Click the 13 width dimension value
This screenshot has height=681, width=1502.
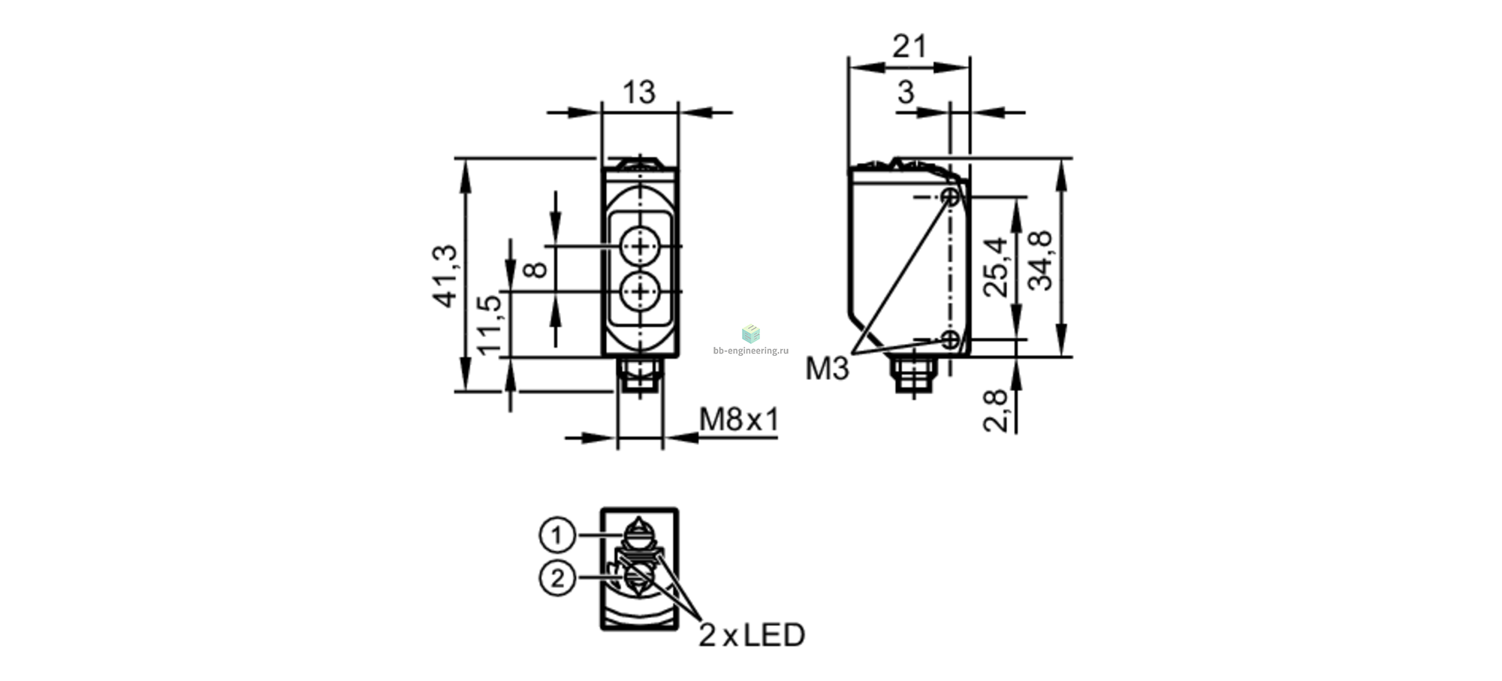tap(639, 92)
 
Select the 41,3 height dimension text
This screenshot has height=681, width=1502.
tap(445, 276)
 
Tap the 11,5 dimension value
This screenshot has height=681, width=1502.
tap(489, 325)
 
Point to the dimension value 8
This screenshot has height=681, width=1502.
tap(535, 269)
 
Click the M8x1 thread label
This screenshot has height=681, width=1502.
tap(740, 420)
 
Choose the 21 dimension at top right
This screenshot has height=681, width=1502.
tap(909, 47)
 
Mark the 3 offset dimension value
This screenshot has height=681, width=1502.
tap(906, 92)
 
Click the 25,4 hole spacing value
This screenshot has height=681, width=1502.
tap(997, 267)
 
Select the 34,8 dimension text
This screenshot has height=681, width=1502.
tap(1041, 261)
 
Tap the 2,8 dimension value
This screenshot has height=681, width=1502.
tap(997, 411)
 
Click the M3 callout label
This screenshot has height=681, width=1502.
tap(827, 369)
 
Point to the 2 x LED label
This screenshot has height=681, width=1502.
tap(752, 635)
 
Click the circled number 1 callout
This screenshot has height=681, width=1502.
tap(557, 535)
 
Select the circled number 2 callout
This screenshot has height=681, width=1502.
tap(557, 579)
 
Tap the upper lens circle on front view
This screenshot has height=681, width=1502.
tap(640, 246)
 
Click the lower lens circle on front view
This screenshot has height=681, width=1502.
tap(640, 291)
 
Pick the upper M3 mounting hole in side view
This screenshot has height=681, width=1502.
tap(951, 197)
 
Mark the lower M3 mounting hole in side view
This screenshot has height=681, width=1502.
tap(951, 339)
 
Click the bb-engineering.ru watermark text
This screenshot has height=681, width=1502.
tap(751, 351)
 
